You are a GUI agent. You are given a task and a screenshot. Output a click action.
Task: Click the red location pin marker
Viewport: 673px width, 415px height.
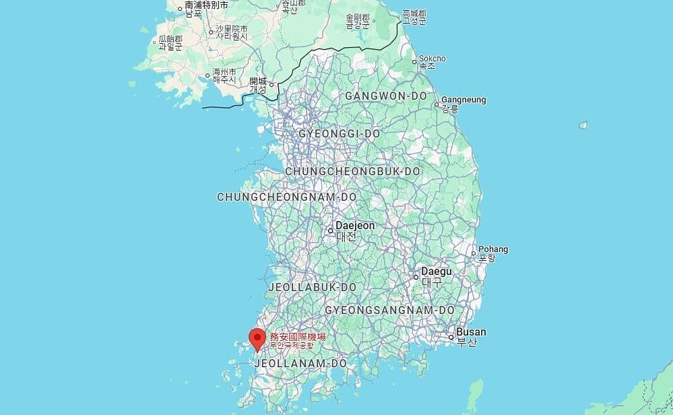pyautogui.click(x=257, y=338)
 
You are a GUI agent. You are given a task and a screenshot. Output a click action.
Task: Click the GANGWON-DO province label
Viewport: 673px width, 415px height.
pyautogui.click(x=385, y=96)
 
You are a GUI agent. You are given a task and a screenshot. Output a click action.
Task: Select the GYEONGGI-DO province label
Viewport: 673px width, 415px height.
pyautogui.click(x=340, y=133)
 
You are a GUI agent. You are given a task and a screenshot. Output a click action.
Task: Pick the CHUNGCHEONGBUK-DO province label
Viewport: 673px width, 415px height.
pyautogui.click(x=352, y=171)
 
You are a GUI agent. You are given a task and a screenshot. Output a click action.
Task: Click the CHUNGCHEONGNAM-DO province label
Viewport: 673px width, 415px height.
pyautogui.click(x=286, y=197)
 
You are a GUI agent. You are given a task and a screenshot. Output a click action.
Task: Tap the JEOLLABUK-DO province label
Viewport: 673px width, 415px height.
pyautogui.click(x=312, y=287)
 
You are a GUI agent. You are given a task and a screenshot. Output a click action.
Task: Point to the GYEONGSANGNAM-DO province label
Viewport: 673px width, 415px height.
pyautogui.click(x=389, y=310)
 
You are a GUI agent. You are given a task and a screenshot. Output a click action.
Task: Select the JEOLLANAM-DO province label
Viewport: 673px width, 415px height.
pyautogui.click(x=300, y=363)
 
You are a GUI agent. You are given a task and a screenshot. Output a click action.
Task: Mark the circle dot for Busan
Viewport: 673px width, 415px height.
pyautogui.click(x=451, y=336)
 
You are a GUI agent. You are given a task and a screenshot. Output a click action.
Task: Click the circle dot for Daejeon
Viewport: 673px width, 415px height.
pyautogui.click(x=331, y=230)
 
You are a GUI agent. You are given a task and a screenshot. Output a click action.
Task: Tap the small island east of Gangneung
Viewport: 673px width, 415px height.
pyautogui.click(x=583, y=125)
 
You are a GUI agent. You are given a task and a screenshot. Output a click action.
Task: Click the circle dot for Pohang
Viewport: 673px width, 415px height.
pyautogui.click(x=474, y=253)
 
